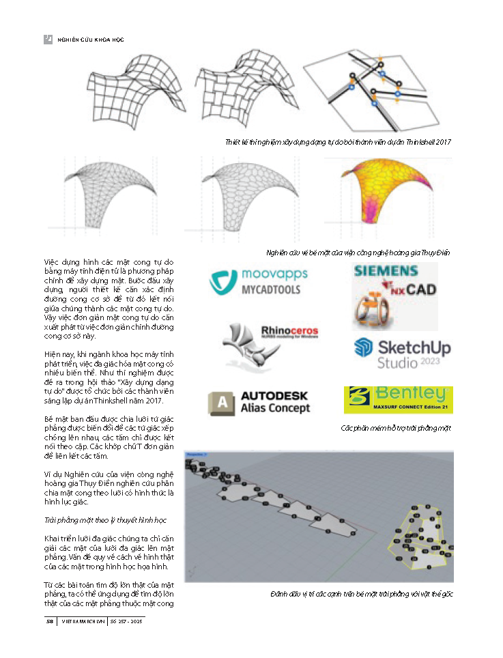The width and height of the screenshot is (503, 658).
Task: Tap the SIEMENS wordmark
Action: click(x=386, y=270)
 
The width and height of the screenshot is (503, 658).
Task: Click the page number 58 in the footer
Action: click(x=50, y=621)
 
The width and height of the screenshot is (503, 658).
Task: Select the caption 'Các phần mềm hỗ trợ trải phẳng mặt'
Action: click(x=396, y=428)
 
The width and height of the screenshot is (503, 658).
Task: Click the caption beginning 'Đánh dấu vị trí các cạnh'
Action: click(x=362, y=594)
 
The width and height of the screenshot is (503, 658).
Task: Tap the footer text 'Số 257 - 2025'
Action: click(x=127, y=621)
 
